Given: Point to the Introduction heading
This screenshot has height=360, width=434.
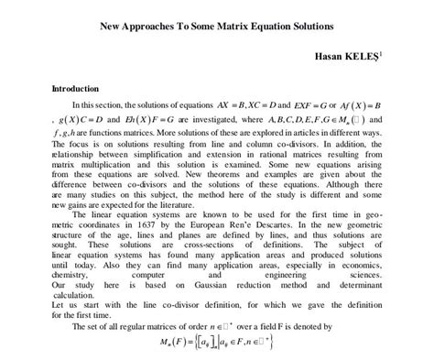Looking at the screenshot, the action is pyautogui.click(x=75, y=89).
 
